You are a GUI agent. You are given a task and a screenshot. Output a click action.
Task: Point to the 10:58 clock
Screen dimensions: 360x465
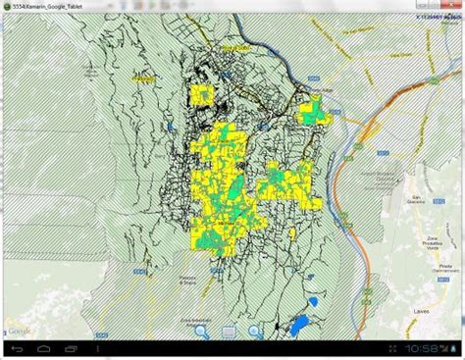pos(421,348)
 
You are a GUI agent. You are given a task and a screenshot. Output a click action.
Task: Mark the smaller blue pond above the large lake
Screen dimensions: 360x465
pos(314,301)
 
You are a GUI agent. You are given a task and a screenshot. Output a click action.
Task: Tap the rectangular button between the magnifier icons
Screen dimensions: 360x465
pos(227,333)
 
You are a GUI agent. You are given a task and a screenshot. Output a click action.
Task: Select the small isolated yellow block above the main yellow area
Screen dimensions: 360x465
pos(202,94)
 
